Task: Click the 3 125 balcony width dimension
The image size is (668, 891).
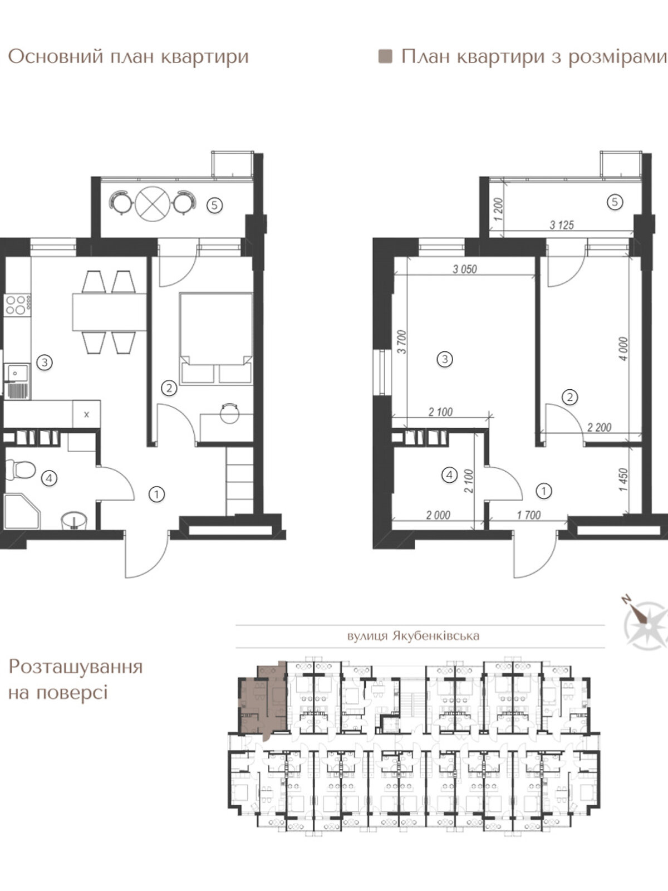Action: [x=561, y=225]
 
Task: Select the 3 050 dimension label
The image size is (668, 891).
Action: [x=464, y=269]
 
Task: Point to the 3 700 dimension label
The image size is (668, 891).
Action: [x=401, y=341]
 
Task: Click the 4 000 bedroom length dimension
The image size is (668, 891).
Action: [x=623, y=349]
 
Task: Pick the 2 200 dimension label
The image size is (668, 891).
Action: [x=599, y=427]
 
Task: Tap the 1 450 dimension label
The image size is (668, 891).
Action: [x=623, y=479]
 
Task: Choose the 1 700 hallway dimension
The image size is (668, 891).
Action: [x=528, y=515]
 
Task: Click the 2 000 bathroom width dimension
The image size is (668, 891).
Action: [x=438, y=515]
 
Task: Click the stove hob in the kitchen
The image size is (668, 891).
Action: [x=17, y=305]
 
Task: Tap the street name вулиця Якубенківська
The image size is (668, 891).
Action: [x=413, y=636]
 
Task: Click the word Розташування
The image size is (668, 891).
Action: [x=76, y=667]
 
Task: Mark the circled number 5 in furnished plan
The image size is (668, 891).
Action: [x=214, y=205]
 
